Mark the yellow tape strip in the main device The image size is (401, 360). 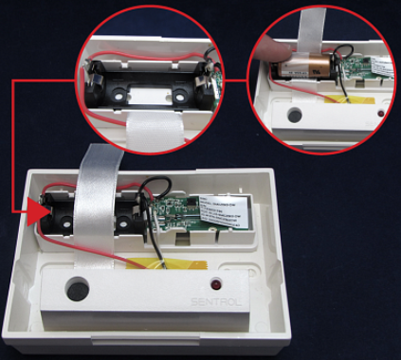tap(180, 261)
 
